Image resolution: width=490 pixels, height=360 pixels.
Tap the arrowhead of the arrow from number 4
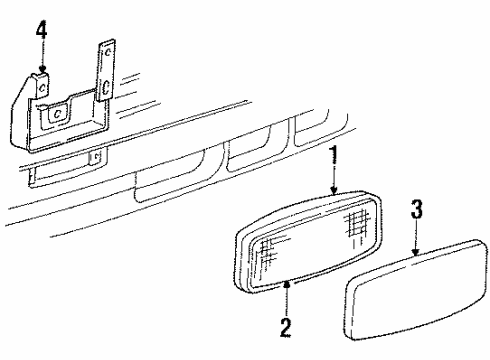pyautogui.click(x=41, y=70)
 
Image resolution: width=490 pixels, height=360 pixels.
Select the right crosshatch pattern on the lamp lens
pyautogui.click(x=359, y=219)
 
